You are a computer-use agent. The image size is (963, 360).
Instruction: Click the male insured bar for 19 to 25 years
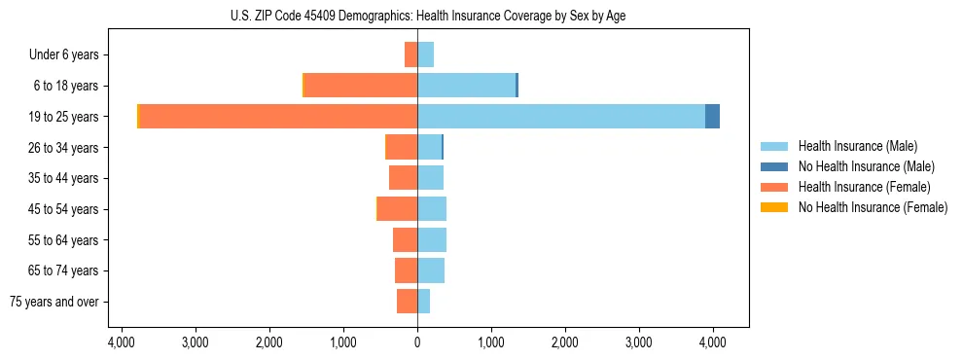coord(561,117)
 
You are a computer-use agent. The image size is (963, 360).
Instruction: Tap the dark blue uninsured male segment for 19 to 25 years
coord(712,117)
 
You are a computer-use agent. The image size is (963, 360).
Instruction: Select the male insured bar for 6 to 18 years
coord(466,86)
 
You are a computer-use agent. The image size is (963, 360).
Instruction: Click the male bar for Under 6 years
coord(425,54)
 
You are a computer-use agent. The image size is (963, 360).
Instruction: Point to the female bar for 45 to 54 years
coord(398,209)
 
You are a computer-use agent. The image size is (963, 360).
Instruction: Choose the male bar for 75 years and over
coord(423,302)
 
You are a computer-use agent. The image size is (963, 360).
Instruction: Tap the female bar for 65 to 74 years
coord(406,270)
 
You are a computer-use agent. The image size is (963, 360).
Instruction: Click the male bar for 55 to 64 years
coord(432,240)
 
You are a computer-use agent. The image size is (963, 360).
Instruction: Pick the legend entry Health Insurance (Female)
coord(864,187)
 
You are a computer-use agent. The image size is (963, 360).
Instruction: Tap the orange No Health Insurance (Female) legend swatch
coord(774,207)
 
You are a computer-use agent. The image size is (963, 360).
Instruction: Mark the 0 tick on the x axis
coord(417,342)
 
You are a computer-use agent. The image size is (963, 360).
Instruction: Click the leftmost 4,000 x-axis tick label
coord(121,342)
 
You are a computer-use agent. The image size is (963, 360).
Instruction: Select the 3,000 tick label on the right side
coord(639,342)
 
